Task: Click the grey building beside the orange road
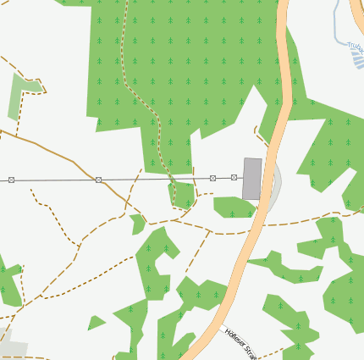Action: tap(252, 178)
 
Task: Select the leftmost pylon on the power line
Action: tap(11, 180)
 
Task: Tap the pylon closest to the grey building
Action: tap(234, 177)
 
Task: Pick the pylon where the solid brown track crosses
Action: tap(99, 180)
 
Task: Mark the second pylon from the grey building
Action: tap(212, 178)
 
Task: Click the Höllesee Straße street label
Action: tap(240, 343)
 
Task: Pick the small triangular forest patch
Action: tap(96, 323)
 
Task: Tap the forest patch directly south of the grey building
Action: tap(234, 206)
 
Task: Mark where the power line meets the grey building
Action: tap(243, 178)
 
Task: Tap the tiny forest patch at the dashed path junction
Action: tap(137, 224)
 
